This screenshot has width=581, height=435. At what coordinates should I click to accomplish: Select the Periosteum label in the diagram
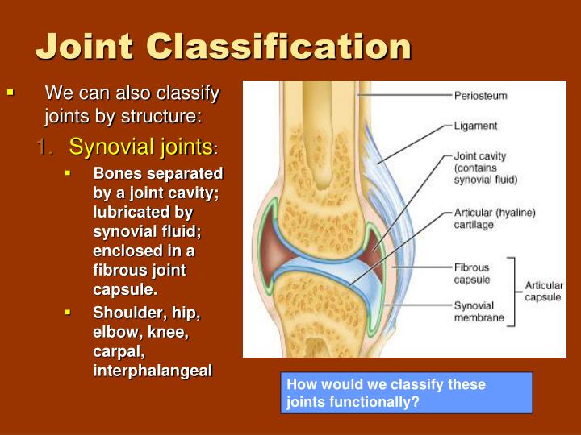coord(481,95)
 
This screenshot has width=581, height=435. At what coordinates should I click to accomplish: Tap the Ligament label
coord(476,126)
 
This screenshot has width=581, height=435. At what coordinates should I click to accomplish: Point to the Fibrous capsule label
coord(471,274)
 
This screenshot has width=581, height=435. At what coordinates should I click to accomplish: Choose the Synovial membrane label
coord(479,312)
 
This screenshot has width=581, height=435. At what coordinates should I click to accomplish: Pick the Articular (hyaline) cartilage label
coord(494,219)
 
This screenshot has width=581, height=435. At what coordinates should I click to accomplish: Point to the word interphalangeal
coord(153,371)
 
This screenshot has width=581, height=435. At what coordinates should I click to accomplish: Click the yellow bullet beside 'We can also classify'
coord(10,93)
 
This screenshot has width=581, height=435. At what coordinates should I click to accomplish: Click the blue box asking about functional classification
coord(406,392)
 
